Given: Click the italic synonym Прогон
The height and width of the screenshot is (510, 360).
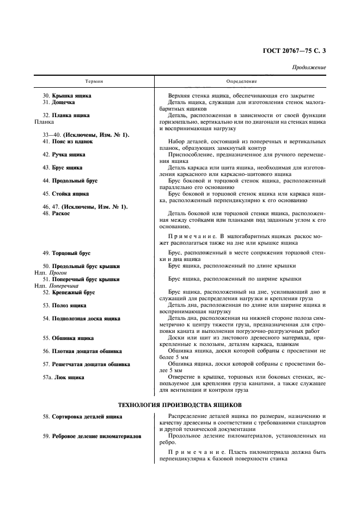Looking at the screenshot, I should point(58,272).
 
